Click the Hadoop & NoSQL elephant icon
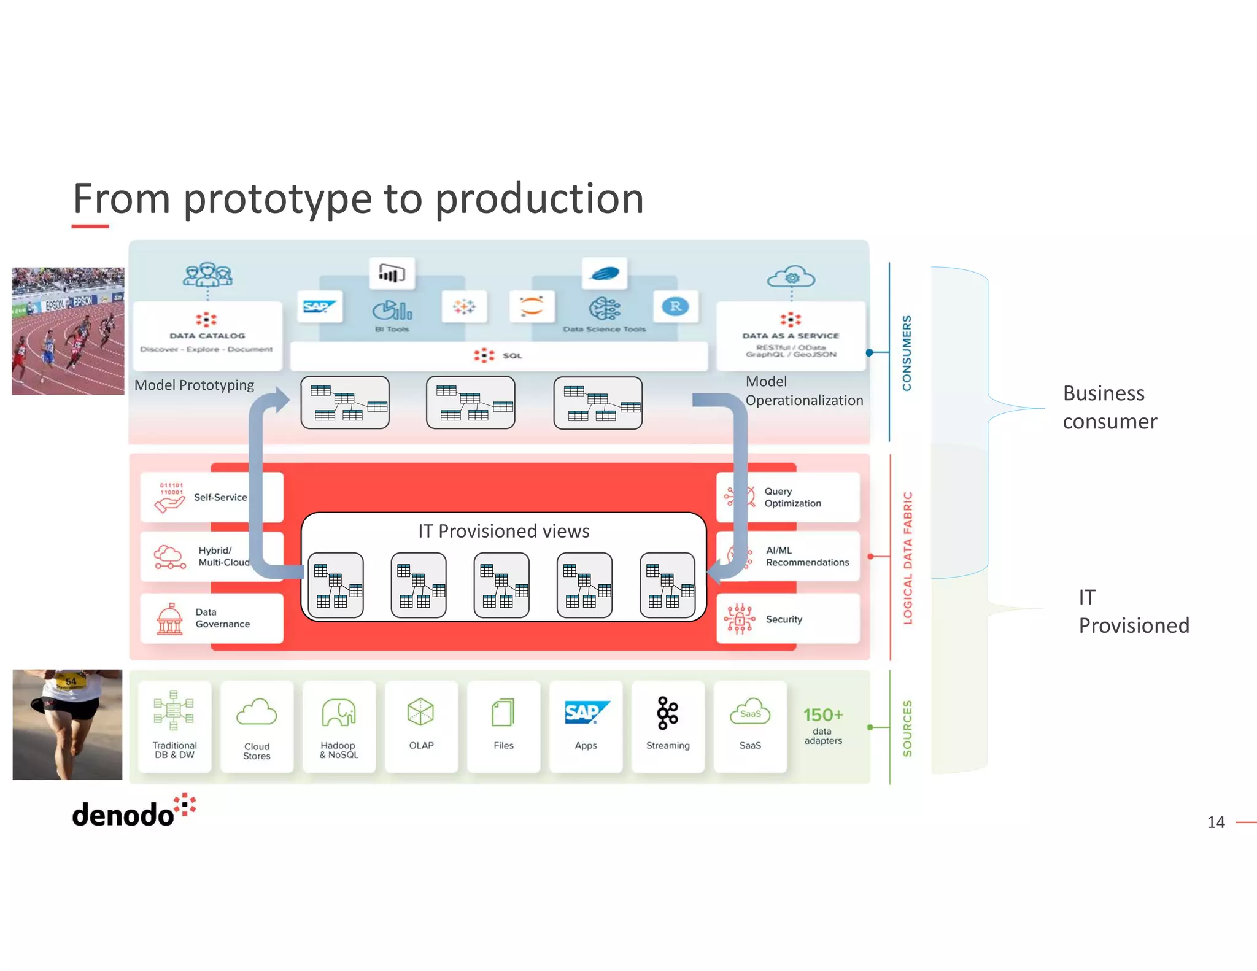pyautogui.click(x=338, y=713)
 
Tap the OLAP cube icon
pyautogui.click(x=420, y=712)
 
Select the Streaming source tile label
pyautogui.click(x=668, y=745)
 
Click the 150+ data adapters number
pyautogui.click(x=823, y=715)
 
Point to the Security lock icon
pyautogui.click(x=740, y=619)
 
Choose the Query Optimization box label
pyautogui.click(x=792, y=497)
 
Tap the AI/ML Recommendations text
pyautogui.click(x=806, y=557)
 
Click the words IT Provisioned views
pyautogui.click(x=503, y=531)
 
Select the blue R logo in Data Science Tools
pyautogui.click(x=676, y=306)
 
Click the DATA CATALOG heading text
pyautogui.click(x=207, y=336)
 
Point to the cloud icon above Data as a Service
pyautogui.click(x=791, y=278)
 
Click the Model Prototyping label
pyautogui.click(x=194, y=385)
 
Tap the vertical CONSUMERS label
pyautogui.click(x=907, y=353)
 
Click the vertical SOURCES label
pyautogui.click(x=907, y=728)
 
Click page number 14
pyautogui.click(x=1215, y=822)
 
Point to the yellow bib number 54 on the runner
pyautogui.click(x=71, y=681)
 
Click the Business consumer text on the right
pyautogui.click(x=1109, y=407)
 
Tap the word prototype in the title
pyautogui.click(x=277, y=199)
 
